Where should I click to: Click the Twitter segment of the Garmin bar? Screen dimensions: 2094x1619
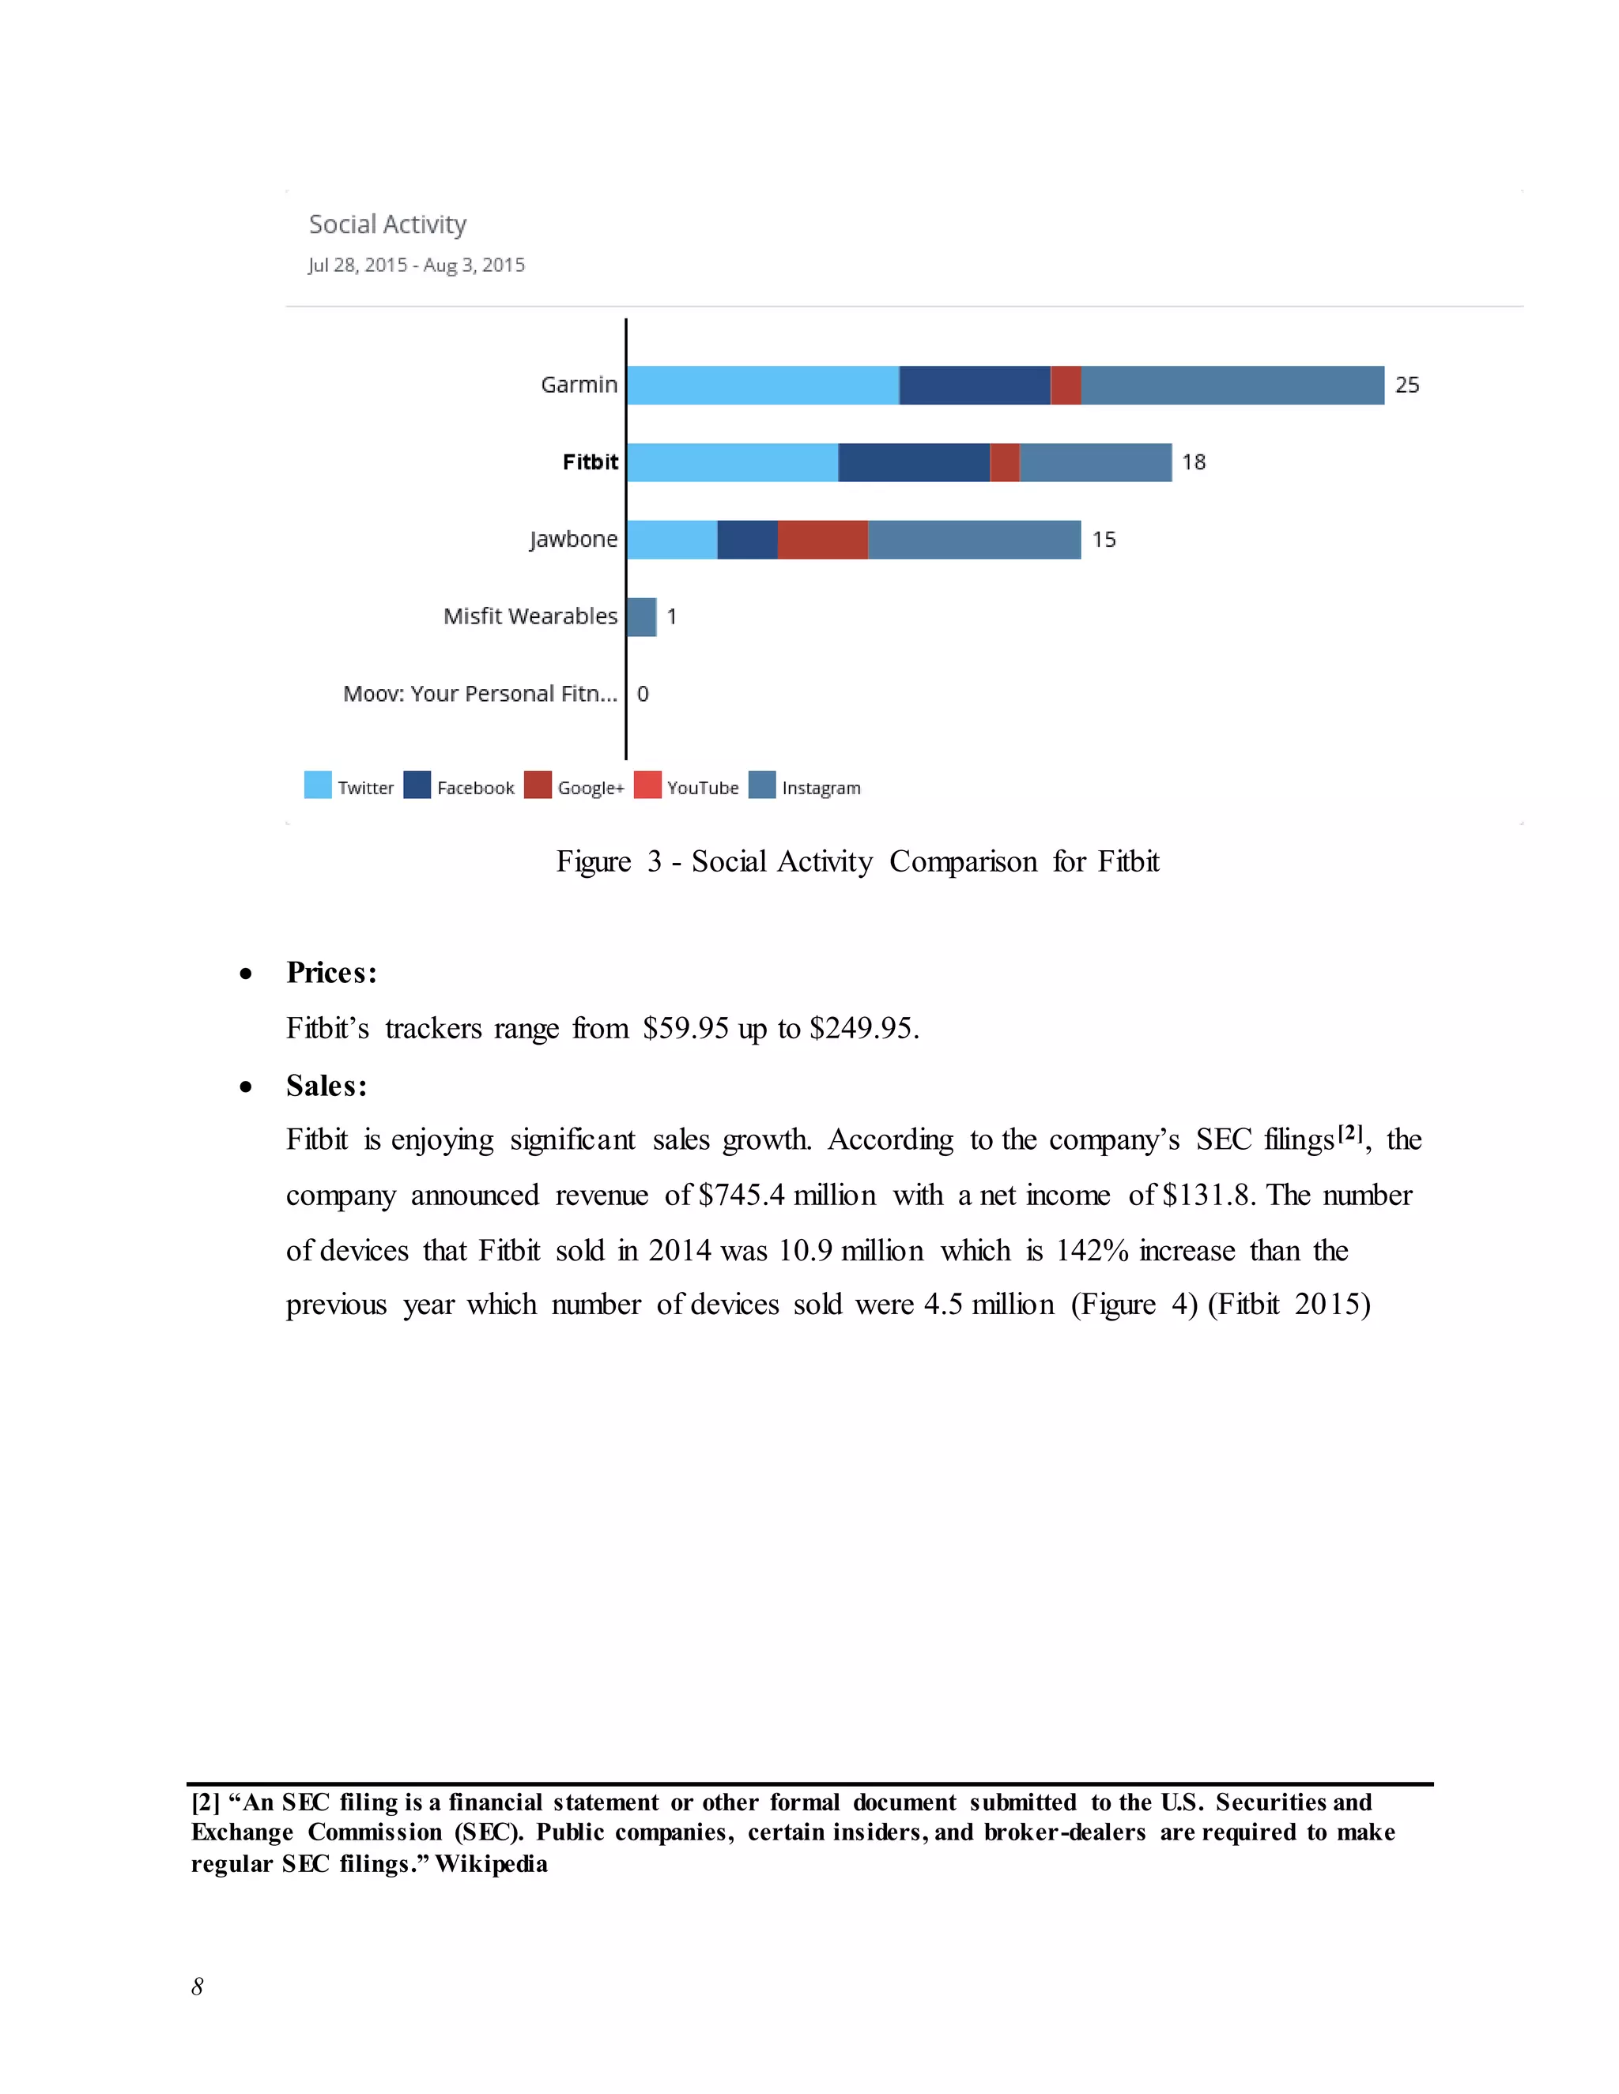point(763,385)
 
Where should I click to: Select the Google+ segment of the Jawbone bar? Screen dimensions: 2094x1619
point(822,539)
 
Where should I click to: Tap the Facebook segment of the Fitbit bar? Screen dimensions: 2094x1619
point(913,462)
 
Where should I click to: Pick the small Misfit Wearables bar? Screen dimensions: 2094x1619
point(640,616)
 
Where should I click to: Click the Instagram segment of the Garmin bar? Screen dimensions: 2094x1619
point(1232,385)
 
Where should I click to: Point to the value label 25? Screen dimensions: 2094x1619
point(1406,385)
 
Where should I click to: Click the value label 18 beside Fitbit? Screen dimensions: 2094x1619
point(1193,462)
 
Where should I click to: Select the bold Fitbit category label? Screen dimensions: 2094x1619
point(590,462)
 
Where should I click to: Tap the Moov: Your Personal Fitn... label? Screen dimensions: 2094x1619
point(480,693)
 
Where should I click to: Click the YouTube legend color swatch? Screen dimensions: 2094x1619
point(647,785)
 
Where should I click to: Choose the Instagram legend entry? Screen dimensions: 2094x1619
point(820,787)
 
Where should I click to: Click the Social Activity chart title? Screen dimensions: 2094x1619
point(387,224)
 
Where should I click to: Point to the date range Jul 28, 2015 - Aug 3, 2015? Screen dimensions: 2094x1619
point(417,265)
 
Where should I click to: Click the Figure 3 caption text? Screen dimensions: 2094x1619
point(858,861)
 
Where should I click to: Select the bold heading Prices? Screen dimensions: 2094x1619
point(332,972)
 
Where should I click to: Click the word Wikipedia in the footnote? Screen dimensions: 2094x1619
point(491,1864)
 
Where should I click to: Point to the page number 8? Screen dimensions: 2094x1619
point(198,1987)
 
